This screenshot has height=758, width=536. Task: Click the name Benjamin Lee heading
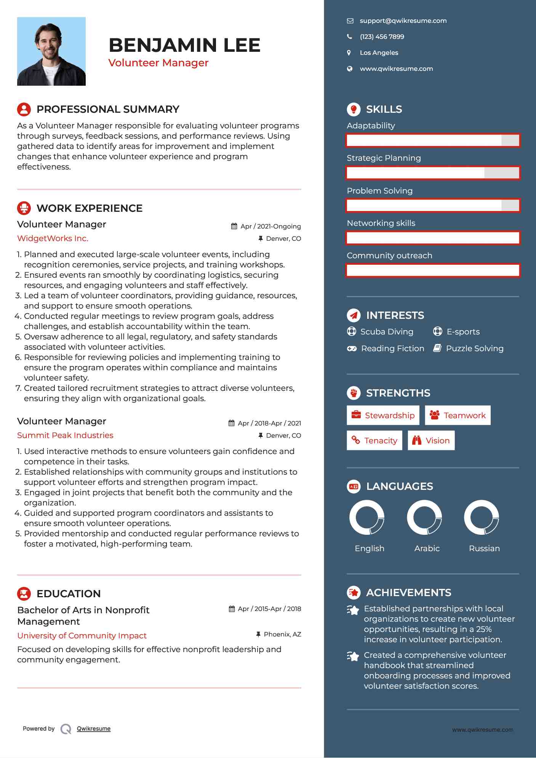tap(184, 45)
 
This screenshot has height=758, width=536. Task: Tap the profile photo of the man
tap(51, 51)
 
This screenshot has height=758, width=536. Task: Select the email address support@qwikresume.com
tap(403, 21)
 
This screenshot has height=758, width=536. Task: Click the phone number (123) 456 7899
tap(382, 37)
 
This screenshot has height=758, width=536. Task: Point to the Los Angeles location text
tap(379, 53)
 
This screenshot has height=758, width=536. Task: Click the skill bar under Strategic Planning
tap(433, 173)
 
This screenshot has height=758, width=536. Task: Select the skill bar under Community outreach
tap(433, 270)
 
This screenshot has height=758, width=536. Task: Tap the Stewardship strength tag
tap(383, 415)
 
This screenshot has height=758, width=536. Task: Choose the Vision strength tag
tap(431, 441)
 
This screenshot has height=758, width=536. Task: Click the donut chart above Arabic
tap(424, 518)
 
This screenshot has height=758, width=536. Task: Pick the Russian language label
tap(484, 549)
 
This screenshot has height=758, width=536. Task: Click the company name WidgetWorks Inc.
tap(53, 238)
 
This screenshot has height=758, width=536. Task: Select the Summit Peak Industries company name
tap(65, 435)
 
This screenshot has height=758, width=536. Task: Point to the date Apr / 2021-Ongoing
tap(270, 226)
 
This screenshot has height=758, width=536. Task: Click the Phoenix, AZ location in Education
tap(282, 634)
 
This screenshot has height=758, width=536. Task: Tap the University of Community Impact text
tap(82, 636)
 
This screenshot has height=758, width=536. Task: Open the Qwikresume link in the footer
tap(94, 729)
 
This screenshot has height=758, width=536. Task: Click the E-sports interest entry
tap(463, 332)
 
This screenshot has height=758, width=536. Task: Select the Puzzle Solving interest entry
tap(474, 349)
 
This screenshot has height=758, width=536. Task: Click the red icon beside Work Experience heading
tap(24, 208)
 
